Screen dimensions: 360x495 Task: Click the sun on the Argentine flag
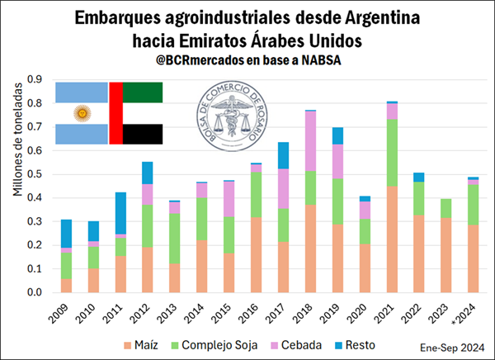(81, 113)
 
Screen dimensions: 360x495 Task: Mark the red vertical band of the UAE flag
(115, 113)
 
